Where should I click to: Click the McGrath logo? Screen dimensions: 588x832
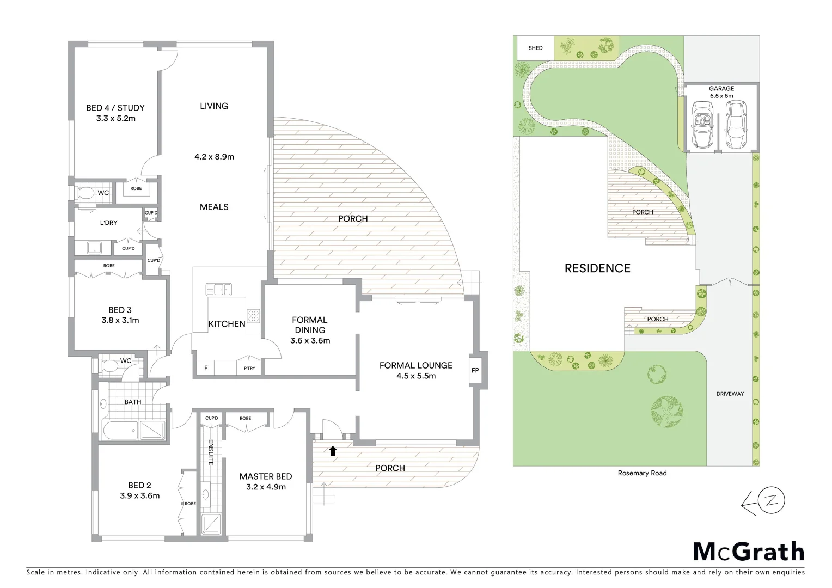pos(749,551)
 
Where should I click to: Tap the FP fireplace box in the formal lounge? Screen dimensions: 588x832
pos(475,371)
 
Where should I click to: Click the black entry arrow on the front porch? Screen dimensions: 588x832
pos(333,450)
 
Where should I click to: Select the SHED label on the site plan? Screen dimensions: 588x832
pos(535,48)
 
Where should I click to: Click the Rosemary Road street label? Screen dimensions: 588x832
pos(642,473)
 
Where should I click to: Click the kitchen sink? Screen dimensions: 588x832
pos(218,289)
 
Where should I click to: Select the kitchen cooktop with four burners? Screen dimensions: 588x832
pos(253,316)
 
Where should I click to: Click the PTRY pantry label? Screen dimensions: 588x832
pos(249,369)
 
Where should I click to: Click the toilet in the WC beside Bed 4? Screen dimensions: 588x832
pos(85,193)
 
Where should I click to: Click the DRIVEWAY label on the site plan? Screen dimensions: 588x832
pos(730,394)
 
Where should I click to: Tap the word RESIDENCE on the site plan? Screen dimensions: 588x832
pos(597,268)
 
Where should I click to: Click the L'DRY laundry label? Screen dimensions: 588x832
pos(108,223)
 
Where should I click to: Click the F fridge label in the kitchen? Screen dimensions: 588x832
pos(206,369)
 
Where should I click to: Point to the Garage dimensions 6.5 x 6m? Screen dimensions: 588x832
pos(721,96)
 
